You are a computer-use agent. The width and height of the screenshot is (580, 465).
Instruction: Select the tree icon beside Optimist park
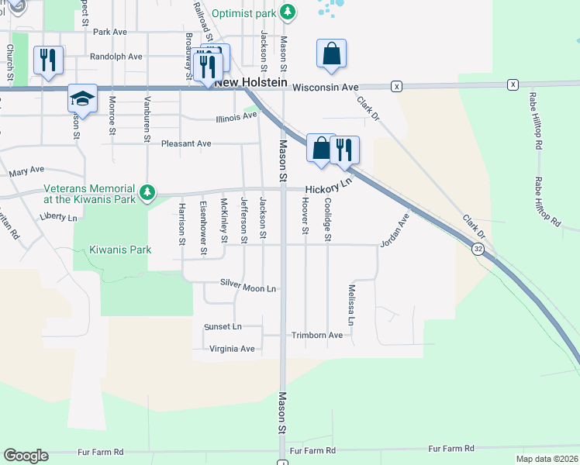[288, 12]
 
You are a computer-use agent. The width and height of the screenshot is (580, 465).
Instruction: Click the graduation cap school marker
[82, 98]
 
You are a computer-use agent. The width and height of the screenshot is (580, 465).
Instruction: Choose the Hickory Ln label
[329, 188]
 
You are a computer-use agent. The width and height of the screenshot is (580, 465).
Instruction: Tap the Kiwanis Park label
[120, 250]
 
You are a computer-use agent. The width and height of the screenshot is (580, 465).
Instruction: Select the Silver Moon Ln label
[248, 288]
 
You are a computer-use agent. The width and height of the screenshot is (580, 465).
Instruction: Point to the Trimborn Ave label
[317, 336]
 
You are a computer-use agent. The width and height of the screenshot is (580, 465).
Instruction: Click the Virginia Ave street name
[233, 349]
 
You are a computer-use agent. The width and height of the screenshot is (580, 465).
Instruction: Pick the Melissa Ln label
[351, 305]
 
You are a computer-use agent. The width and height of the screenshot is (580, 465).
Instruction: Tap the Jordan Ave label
[394, 230]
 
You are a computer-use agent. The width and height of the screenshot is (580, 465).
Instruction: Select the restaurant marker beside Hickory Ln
[344, 149]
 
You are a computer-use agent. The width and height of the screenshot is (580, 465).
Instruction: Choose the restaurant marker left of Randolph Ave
[49, 60]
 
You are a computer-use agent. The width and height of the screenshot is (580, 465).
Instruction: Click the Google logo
[26, 456]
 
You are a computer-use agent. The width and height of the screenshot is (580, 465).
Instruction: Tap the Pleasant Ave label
[186, 143]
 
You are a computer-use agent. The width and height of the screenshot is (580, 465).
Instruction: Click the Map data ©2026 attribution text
[547, 459]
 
